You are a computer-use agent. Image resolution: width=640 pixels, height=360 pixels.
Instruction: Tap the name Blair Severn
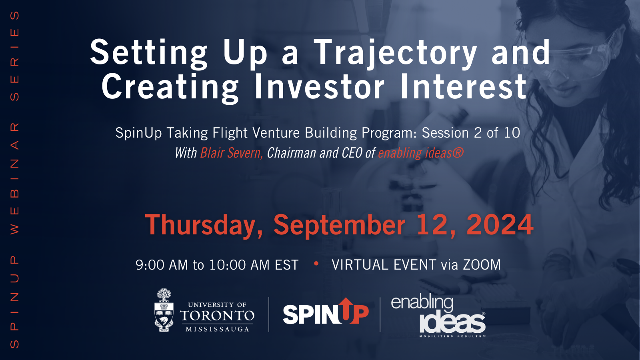231,153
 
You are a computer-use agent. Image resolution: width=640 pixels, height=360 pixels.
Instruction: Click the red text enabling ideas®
420,153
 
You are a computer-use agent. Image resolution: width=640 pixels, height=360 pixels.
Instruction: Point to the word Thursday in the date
204,225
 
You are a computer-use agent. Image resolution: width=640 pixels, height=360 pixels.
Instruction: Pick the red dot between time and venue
316,264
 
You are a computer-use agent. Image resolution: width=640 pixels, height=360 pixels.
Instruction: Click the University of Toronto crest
164,310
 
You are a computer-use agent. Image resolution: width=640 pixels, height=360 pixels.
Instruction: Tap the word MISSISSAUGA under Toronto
217,329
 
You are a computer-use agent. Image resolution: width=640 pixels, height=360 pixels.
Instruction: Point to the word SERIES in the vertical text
14,56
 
